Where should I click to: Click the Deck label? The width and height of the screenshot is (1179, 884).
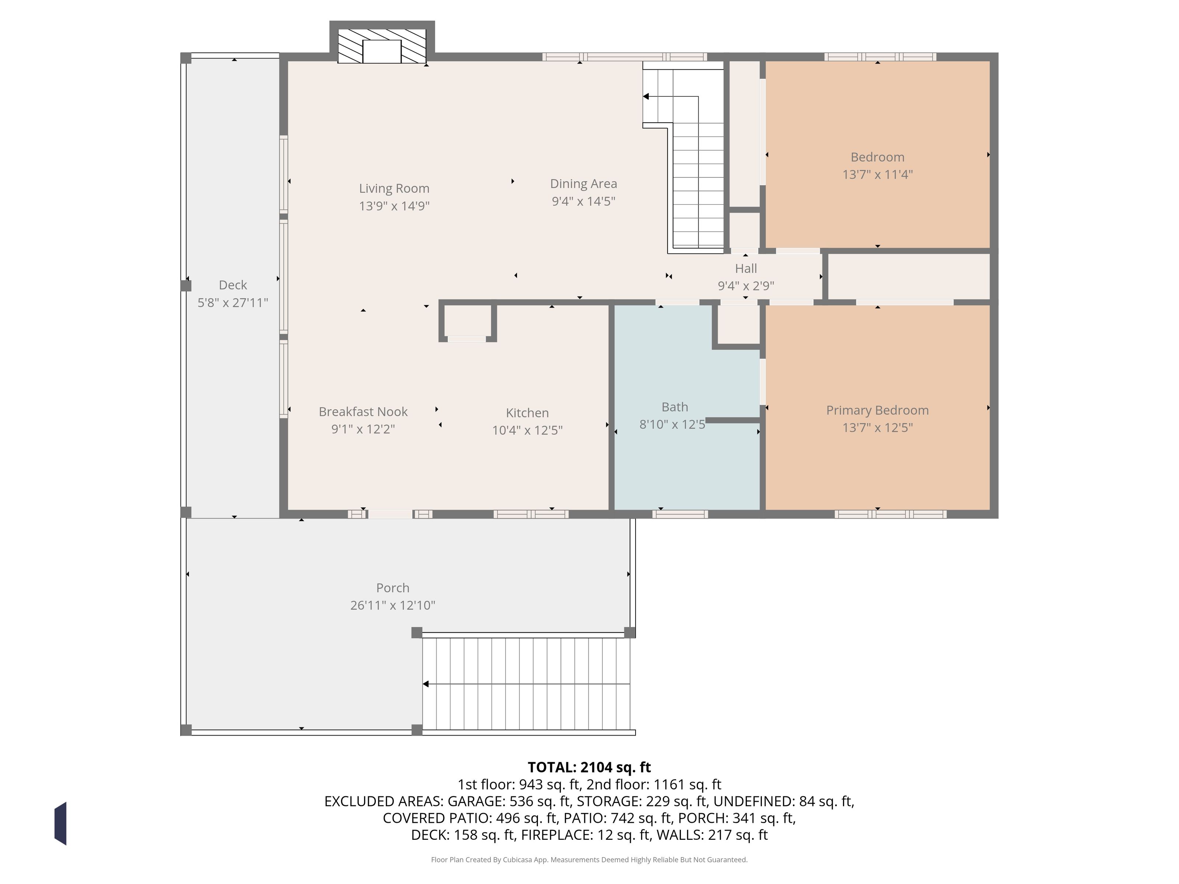(x=233, y=285)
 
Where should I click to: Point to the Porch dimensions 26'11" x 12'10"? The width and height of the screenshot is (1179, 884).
(x=393, y=605)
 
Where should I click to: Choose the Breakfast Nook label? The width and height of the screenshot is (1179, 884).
(x=363, y=412)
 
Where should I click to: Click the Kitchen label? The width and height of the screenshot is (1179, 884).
(x=527, y=413)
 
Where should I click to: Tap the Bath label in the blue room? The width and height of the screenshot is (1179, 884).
(x=675, y=407)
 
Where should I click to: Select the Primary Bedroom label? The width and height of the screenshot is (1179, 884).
(x=877, y=410)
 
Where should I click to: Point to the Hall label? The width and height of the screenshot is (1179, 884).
(x=746, y=269)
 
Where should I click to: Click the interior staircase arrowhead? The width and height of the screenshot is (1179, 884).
(x=646, y=97)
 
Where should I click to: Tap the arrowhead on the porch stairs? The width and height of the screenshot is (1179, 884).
(x=425, y=684)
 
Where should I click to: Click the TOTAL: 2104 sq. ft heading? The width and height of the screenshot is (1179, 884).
(x=589, y=767)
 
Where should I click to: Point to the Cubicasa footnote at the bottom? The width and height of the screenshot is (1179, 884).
(x=589, y=859)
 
